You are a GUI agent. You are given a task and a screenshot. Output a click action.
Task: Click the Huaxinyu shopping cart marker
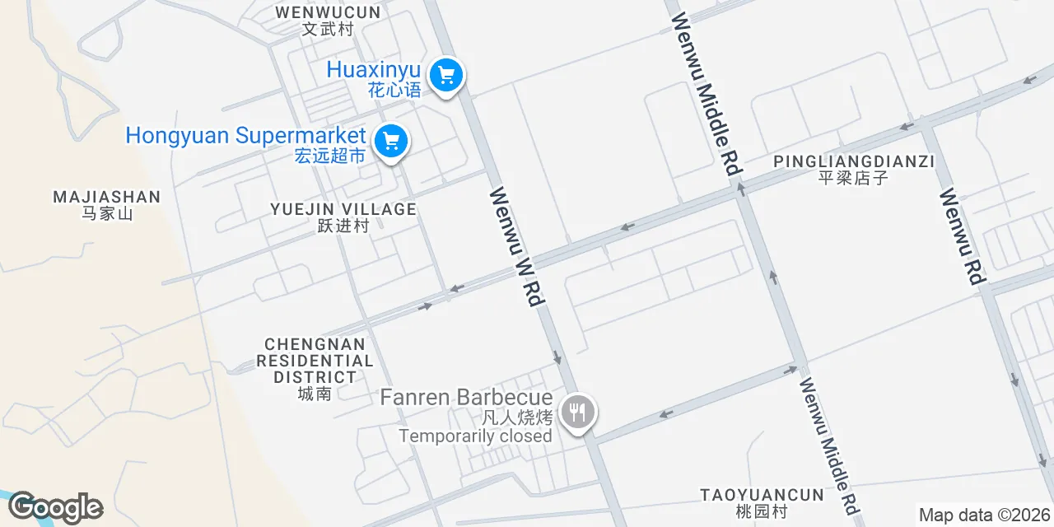pyautogui.click(x=446, y=77)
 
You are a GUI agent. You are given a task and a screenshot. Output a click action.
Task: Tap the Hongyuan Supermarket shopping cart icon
pyautogui.click(x=391, y=142)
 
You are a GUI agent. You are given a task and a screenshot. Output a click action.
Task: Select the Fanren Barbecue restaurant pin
pyautogui.click(x=577, y=411)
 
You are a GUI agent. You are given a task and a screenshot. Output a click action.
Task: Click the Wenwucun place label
pyautogui.click(x=328, y=13)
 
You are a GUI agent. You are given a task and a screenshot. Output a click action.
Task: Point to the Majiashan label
pyautogui.click(x=106, y=198)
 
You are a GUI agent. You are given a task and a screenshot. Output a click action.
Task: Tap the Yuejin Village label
pyautogui.click(x=343, y=210)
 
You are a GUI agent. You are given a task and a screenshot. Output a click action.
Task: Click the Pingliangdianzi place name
pyautogui.click(x=854, y=161)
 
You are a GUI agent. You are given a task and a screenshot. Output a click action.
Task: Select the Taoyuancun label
pyautogui.click(x=762, y=495)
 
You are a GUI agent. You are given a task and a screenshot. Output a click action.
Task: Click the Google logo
pyautogui.click(x=55, y=508)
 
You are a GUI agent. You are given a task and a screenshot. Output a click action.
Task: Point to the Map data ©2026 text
pyautogui.click(x=984, y=515)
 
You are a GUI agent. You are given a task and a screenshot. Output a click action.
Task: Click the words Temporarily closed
pyautogui.click(x=475, y=436)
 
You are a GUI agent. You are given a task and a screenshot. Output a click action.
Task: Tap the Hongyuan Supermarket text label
pyautogui.click(x=245, y=136)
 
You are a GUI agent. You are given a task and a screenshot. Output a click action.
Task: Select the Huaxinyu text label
pyautogui.click(x=373, y=70)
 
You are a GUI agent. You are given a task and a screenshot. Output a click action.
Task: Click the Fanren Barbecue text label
pyautogui.click(x=466, y=398)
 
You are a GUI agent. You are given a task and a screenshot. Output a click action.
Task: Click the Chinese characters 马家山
pyautogui.click(x=107, y=214)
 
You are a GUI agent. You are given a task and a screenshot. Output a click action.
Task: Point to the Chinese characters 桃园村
pyautogui.click(x=762, y=511)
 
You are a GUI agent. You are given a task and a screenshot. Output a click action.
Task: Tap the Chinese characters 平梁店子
pyautogui.click(x=854, y=178)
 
